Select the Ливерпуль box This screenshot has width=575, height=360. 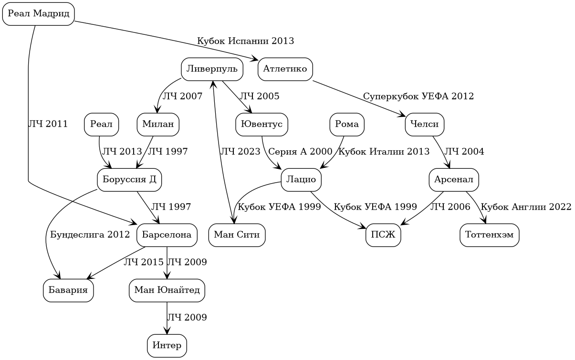pyautogui.click(x=212, y=69)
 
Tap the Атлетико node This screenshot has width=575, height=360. pyautogui.click(x=285, y=69)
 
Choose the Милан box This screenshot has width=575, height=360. pyautogui.click(x=158, y=124)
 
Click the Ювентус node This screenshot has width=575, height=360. pyautogui.click(x=261, y=124)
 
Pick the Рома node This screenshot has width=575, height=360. pyautogui.click(x=347, y=124)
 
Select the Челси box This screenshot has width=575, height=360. pyautogui.click(x=425, y=124)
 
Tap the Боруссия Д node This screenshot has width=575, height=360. pyautogui.click(x=129, y=180)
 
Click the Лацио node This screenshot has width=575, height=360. pyautogui.click(x=301, y=180)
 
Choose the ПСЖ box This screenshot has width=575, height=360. pyautogui.click(x=383, y=235)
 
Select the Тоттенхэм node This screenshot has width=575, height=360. pyautogui.click(x=489, y=235)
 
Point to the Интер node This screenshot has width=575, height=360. pyautogui.click(x=167, y=346)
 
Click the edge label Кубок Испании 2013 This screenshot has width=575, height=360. pyautogui.click(x=245, y=41)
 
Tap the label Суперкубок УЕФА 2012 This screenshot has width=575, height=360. pyautogui.click(x=418, y=96)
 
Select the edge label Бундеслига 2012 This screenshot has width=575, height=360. pyautogui.click(x=90, y=235)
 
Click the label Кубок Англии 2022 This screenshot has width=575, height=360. pyautogui.click(x=525, y=207)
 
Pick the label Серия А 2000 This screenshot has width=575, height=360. pyautogui.click(x=300, y=152)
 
